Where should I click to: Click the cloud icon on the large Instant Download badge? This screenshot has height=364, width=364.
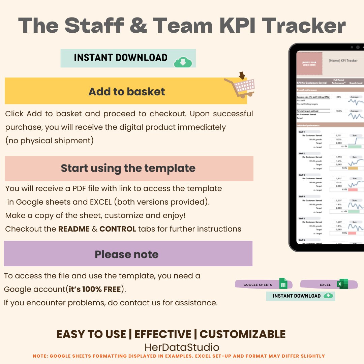183,62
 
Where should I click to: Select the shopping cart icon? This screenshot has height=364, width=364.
240,86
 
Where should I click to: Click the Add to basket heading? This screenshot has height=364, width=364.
127,91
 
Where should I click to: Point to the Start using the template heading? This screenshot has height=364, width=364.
128,168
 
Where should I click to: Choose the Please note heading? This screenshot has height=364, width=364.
127,254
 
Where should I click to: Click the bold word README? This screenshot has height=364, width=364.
74,229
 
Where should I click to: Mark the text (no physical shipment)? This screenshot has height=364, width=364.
49,141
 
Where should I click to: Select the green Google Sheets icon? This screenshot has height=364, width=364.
283,284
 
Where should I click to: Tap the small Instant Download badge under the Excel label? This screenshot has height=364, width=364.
300,296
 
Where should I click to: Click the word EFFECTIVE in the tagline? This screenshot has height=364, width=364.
162,334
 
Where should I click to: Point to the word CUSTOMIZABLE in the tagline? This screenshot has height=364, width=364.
242,334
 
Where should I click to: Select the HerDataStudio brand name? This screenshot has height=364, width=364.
182,347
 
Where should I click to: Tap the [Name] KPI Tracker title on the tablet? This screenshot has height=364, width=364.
343,61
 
